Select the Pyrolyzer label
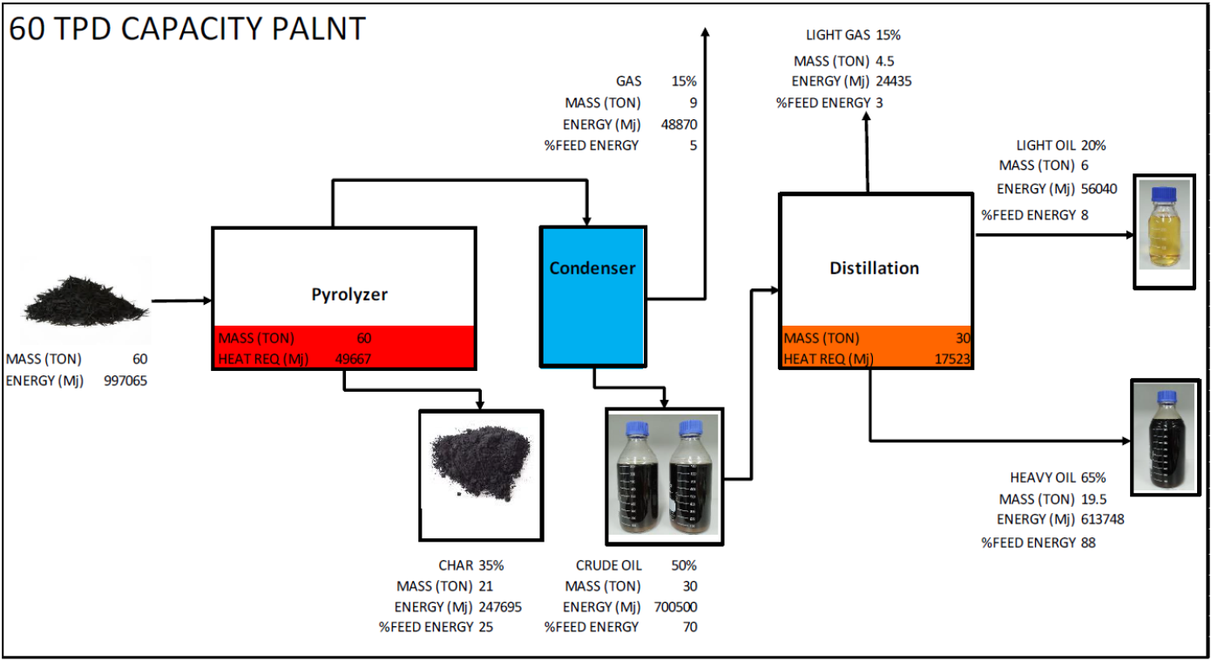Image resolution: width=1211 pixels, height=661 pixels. tap(349, 294)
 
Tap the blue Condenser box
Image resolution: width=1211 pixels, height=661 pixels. tap(592, 294)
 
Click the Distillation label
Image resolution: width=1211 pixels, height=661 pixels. tap(874, 268)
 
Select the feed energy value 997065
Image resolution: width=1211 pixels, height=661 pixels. tap(126, 380)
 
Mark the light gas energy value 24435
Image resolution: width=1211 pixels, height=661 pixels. tap(894, 82)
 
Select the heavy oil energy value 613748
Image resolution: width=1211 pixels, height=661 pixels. tap(1103, 519)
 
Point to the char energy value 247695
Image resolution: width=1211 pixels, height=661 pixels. tap(500, 607)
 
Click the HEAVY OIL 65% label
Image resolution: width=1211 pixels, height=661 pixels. tap(1058, 478)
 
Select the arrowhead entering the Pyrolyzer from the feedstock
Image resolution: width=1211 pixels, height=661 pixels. tap(207, 301)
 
